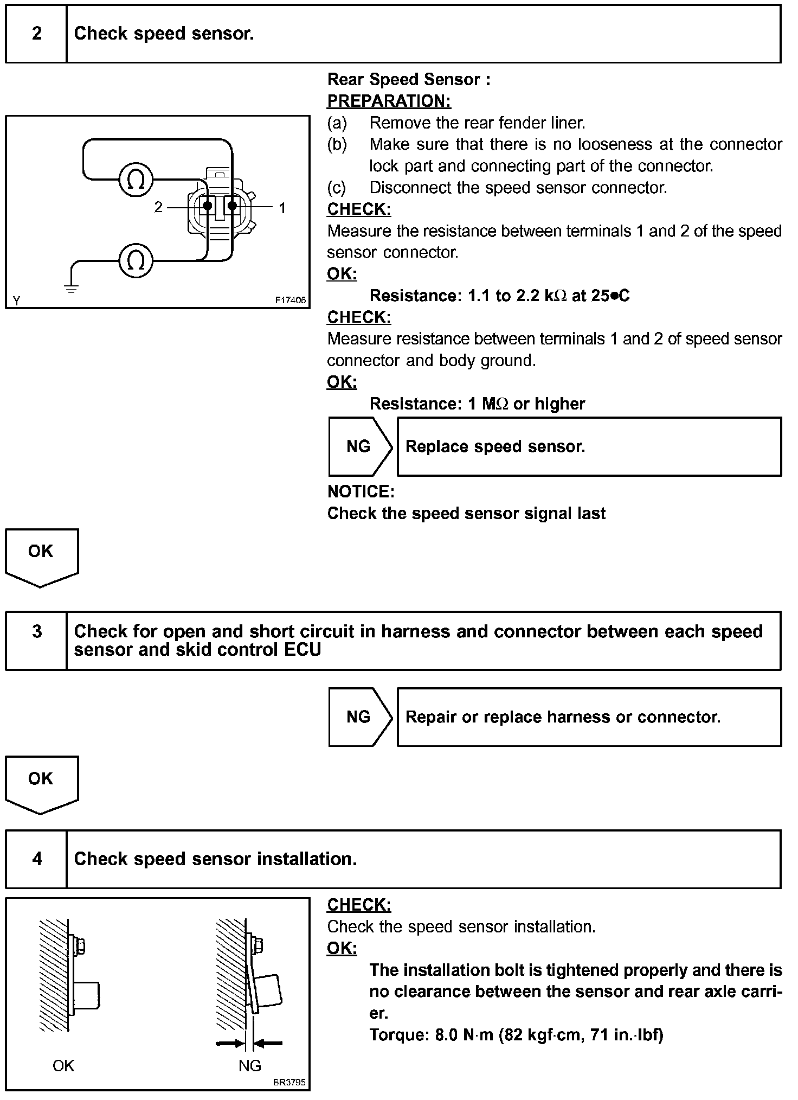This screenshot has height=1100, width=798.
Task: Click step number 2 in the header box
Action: (36, 34)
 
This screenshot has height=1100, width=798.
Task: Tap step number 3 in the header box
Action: (36, 631)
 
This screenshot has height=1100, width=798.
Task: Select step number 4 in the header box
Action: (36, 859)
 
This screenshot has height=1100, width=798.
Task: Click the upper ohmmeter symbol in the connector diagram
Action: (136, 180)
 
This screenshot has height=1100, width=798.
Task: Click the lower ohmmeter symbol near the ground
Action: (136, 261)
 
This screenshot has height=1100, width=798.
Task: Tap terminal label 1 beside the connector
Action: (282, 208)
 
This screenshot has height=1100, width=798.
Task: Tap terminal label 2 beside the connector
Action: (158, 207)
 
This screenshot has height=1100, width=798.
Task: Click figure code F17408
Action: (290, 300)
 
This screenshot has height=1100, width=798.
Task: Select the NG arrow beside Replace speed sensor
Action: (359, 446)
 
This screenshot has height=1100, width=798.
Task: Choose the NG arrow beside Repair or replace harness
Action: (359, 717)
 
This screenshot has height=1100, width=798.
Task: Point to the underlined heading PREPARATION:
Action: (389, 101)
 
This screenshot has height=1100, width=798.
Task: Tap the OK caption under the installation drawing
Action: (63, 1065)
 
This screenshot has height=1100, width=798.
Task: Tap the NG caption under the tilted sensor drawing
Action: (249, 1065)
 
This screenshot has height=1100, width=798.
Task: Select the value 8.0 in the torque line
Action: (446, 1034)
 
